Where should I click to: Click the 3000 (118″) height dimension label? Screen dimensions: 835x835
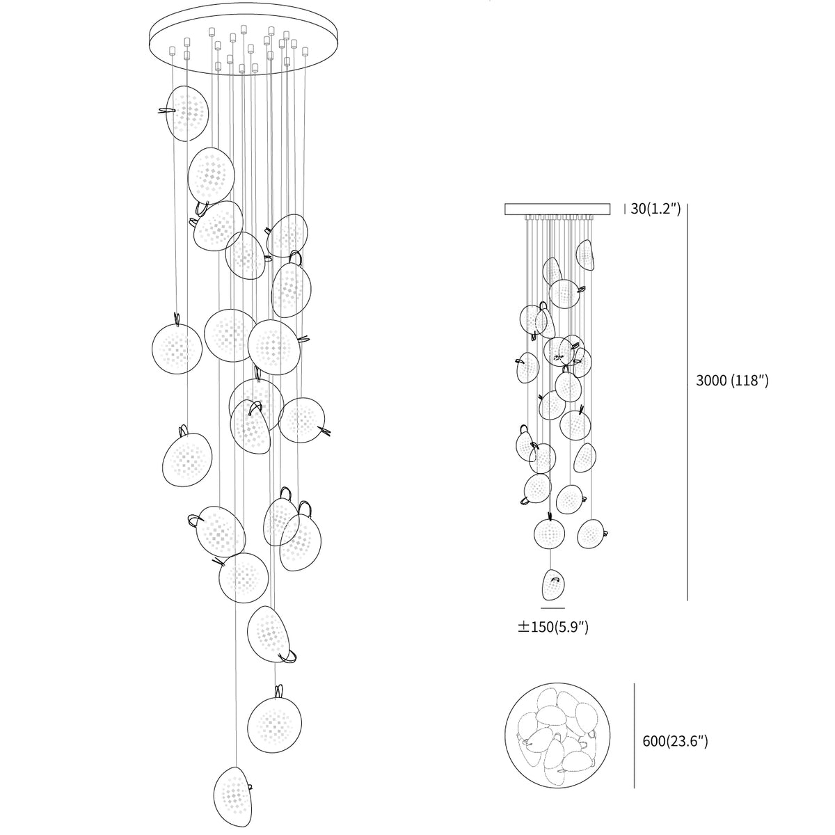(732, 381)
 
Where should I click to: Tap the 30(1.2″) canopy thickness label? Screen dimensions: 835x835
(655, 209)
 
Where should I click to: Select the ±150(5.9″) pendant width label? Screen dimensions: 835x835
(553, 627)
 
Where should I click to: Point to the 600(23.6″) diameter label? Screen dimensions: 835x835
(675, 741)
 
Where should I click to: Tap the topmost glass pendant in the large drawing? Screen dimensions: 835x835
(187, 113)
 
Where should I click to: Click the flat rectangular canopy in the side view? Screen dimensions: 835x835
(557, 209)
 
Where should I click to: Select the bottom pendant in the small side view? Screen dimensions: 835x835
(554, 584)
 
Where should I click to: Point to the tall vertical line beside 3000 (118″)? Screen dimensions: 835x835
(687, 402)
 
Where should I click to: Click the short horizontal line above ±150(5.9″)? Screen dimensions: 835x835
(553, 608)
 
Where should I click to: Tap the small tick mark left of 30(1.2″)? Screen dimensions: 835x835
(624, 209)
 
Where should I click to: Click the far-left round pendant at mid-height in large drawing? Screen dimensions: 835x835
(177, 349)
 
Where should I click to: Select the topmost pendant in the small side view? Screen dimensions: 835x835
(585, 255)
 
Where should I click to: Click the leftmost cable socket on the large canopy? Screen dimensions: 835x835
(172, 50)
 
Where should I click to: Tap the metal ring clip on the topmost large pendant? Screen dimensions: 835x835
(167, 111)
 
